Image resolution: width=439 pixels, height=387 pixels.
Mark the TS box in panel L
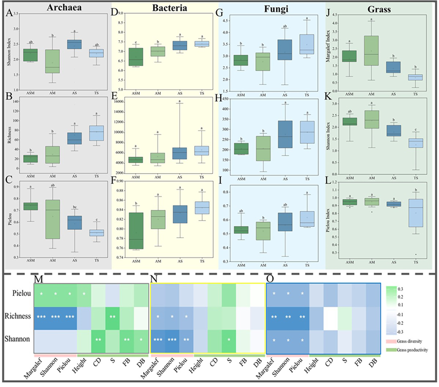coord(415,213)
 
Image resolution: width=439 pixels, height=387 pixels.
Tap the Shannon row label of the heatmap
coord(19,340)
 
